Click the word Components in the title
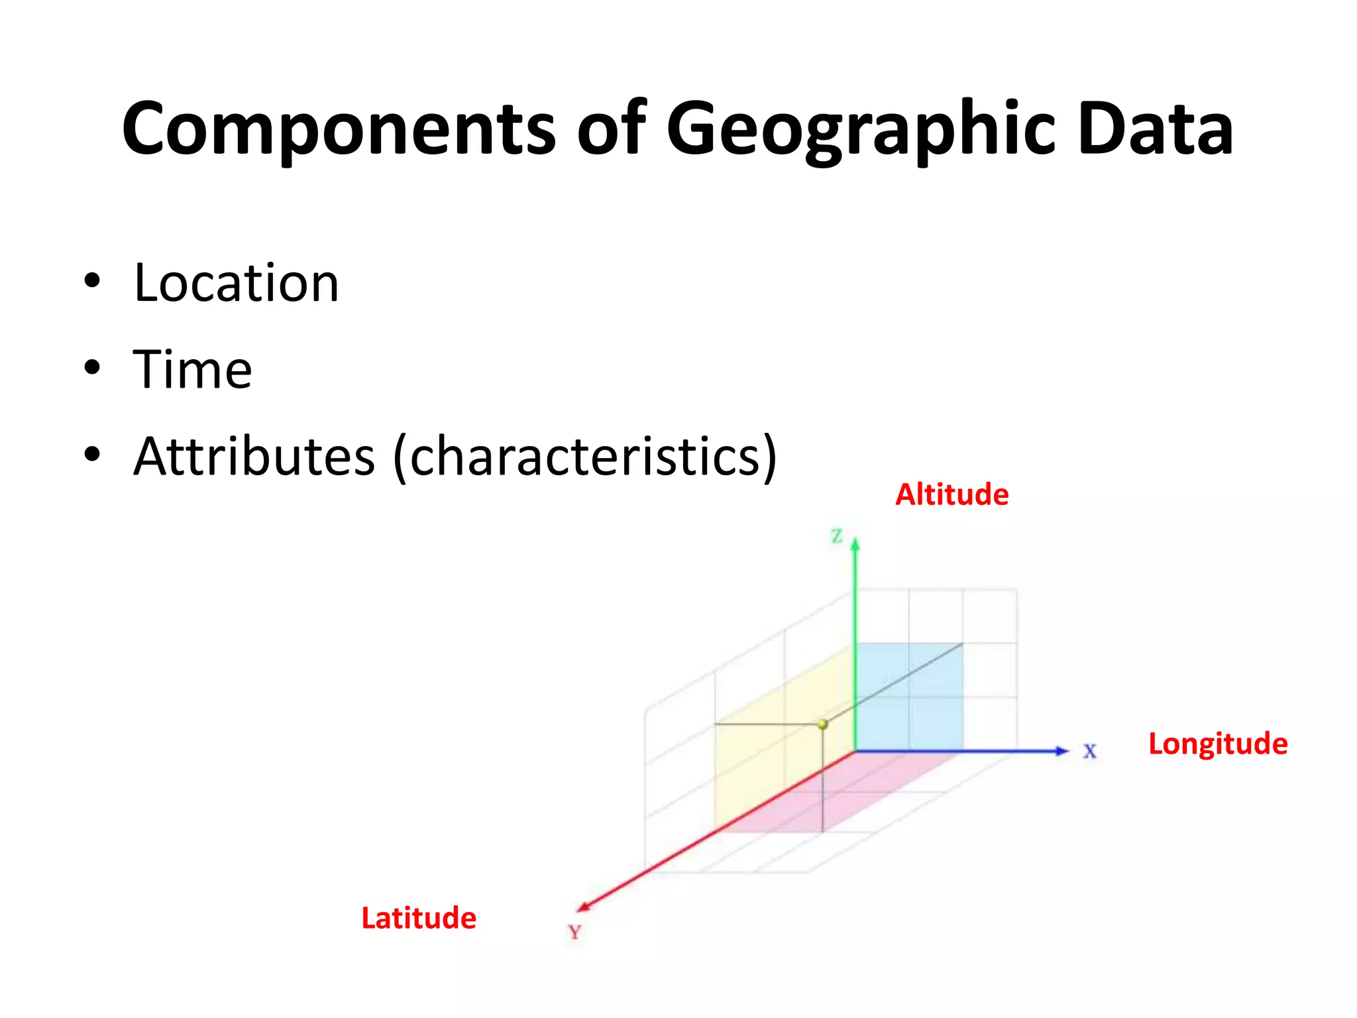[339, 129]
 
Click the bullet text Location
[236, 283]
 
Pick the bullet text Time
[192, 369]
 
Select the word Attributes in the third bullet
[254, 457]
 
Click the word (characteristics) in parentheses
[584, 457]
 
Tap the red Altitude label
[951, 495]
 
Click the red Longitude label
[1218, 744]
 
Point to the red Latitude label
[418, 919]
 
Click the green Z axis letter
[837, 536]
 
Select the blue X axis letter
[1089, 752]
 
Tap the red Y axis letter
[574, 933]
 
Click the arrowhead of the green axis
[855, 545]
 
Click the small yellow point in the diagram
[822, 724]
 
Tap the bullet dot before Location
[92, 281]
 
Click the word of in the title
[610, 129]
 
